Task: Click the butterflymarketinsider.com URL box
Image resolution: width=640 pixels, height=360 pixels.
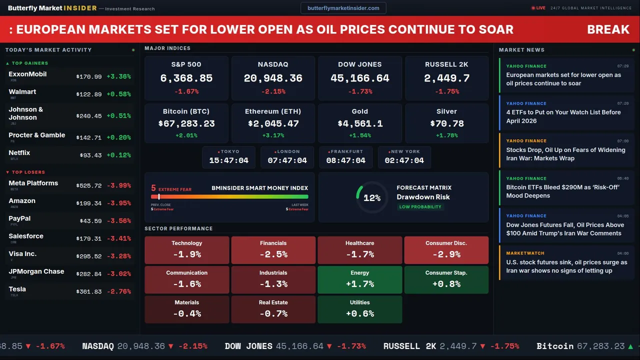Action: tap(343, 8)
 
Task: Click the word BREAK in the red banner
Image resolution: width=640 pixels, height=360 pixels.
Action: tap(608, 29)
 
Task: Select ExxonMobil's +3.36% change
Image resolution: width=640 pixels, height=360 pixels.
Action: tap(118, 76)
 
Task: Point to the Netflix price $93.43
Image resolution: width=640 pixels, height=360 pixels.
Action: tap(90, 155)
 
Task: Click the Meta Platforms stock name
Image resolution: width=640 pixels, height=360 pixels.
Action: tap(33, 183)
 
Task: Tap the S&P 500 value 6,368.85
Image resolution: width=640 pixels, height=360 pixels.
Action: tap(186, 78)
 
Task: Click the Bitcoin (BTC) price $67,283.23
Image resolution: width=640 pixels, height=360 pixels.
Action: tap(186, 123)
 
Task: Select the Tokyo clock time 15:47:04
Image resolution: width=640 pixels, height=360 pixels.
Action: tap(228, 160)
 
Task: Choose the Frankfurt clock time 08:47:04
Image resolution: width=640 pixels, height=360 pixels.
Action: tap(345, 160)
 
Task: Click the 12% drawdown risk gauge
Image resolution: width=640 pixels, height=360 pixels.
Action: tap(371, 198)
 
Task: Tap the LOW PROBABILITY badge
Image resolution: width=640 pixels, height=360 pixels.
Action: tap(420, 207)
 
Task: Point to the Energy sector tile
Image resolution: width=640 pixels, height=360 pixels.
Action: tap(359, 279)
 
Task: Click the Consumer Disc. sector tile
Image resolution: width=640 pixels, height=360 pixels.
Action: tap(446, 250)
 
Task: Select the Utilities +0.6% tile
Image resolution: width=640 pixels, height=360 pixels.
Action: tap(359, 309)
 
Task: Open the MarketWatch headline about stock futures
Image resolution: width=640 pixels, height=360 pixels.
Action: tap(566, 266)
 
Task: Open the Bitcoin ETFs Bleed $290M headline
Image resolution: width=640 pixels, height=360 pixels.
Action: tap(563, 191)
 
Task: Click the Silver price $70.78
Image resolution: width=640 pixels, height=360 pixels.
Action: tap(446, 123)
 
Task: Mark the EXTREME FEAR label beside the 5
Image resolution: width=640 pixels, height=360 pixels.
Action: tap(175, 189)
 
